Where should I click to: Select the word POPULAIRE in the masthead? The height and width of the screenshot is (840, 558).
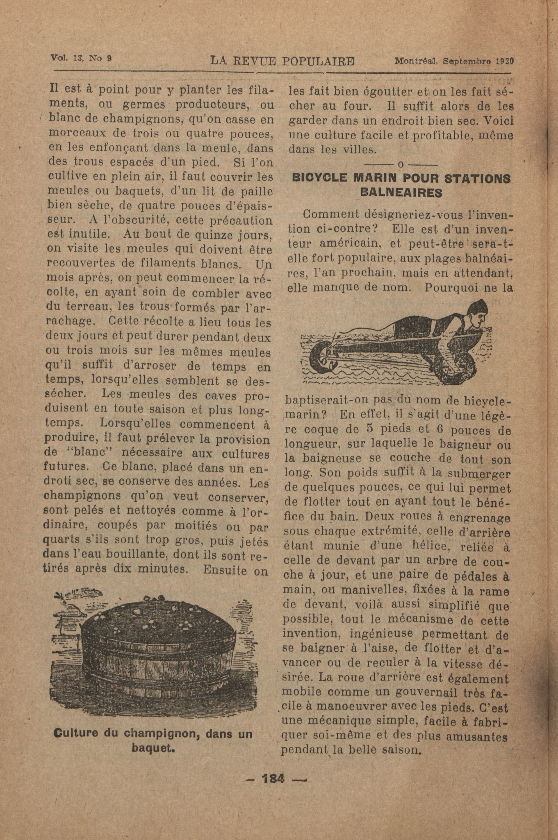click(318, 61)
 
